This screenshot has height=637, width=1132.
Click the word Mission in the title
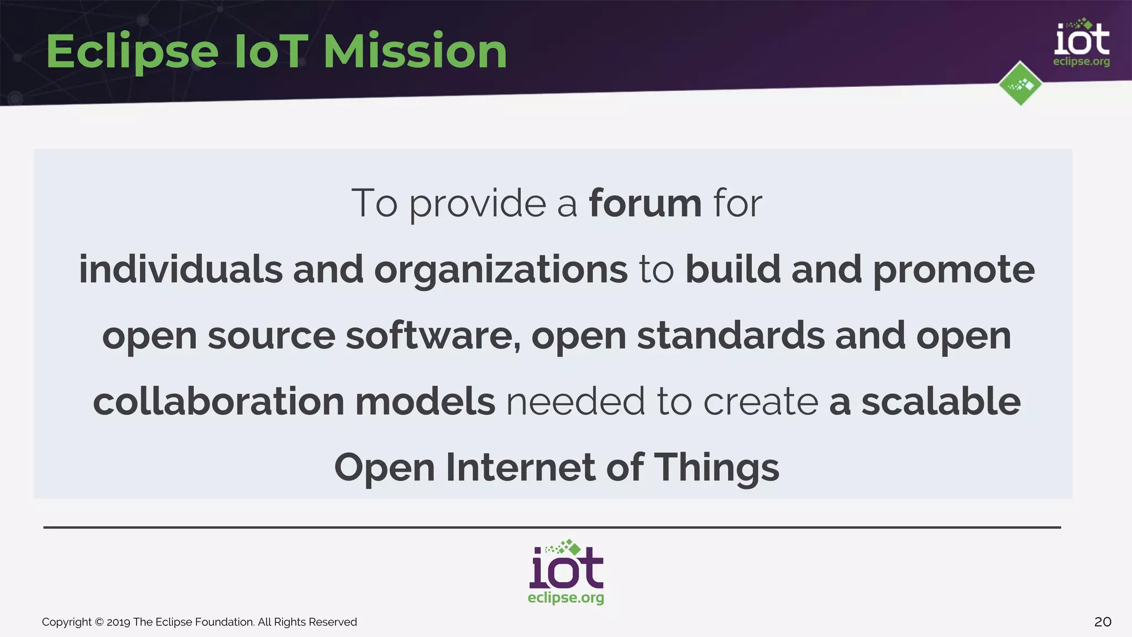[415, 51]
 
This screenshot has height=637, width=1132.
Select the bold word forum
[645, 203]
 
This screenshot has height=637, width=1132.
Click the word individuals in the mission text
[181, 270]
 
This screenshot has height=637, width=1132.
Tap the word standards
[730, 336]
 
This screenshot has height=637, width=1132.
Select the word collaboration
[219, 401]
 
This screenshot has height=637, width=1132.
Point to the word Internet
[520, 468]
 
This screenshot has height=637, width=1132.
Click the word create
[761, 402]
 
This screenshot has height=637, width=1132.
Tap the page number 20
[1103, 622]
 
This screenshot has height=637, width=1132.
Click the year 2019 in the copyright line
[118, 622]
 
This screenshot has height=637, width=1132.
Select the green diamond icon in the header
[1020, 84]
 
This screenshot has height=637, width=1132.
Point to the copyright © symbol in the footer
[99, 622]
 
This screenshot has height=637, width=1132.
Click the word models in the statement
[424, 401]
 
